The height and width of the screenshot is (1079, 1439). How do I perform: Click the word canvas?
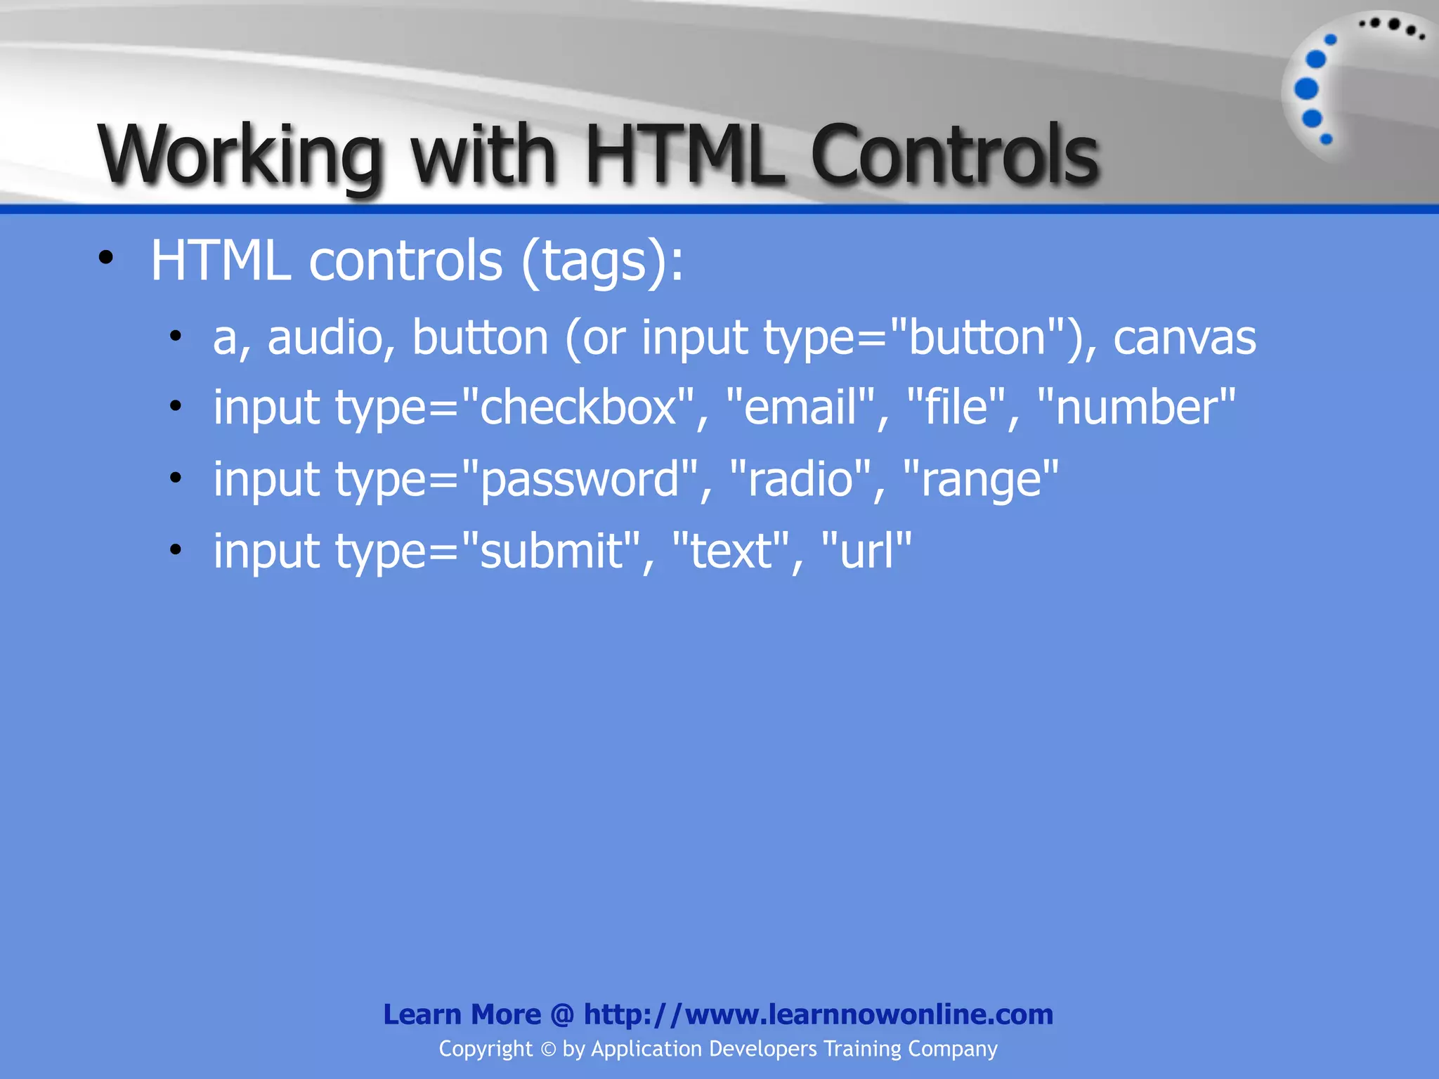pos(1185,338)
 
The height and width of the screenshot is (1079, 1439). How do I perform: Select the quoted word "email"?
pos(800,407)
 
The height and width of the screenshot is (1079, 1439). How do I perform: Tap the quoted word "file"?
pos(957,407)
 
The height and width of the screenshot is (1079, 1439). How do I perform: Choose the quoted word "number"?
pos(1135,407)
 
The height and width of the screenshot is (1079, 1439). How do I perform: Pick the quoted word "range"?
pos(981,479)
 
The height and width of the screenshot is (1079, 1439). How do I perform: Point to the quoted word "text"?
pos(731,551)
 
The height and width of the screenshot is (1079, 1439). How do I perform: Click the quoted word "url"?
pos(866,551)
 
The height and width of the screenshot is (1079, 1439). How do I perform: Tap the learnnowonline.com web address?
pos(818,1014)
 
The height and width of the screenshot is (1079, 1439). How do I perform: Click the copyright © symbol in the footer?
pos(548,1049)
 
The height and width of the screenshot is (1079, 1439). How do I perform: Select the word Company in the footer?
pos(952,1049)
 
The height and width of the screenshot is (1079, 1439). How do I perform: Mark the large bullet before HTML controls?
pos(106,258)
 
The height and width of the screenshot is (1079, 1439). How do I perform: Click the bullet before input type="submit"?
pos(176,549)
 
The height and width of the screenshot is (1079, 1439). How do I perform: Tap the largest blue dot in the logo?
pos(1306,89)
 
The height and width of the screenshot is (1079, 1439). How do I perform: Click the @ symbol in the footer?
pos(562,1015)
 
